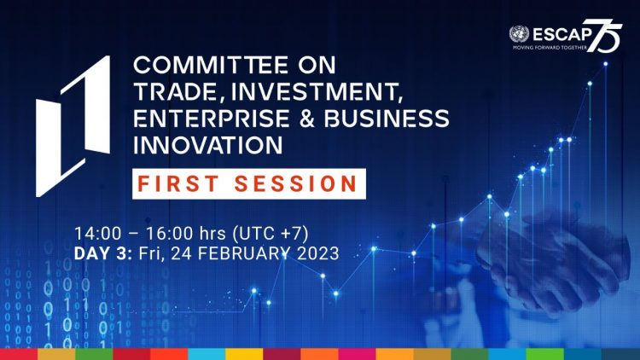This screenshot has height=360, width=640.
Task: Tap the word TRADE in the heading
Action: coord(176,92)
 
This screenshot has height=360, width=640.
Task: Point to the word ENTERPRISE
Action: coord(211,119)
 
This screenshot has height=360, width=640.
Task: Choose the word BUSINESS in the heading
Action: coord(387,119)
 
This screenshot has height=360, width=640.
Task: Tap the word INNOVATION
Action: coord(207,145)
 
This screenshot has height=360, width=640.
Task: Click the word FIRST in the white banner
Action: coord(178,183)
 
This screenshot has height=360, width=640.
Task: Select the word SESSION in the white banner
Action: coord(296,183)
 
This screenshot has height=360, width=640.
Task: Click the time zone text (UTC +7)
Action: coord(271,234)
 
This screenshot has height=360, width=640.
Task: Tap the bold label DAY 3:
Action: coord(103,253)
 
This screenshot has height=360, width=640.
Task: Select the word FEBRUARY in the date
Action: coord(244,253)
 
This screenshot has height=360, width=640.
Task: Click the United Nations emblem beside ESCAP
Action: coord(519,34)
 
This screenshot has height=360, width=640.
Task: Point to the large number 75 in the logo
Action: coord(604,36)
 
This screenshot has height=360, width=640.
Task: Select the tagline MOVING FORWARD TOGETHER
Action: coord(550,48)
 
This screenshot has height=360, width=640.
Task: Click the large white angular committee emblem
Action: coord(73,126)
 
